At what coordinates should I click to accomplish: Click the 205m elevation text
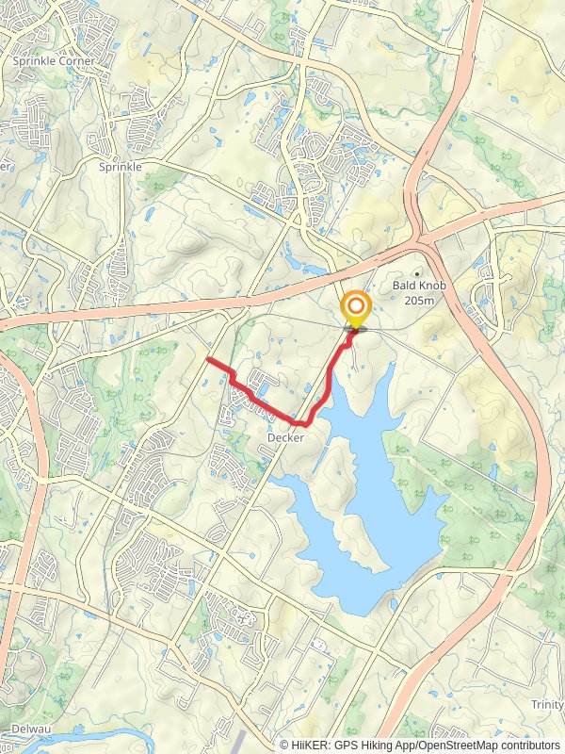point(417,301)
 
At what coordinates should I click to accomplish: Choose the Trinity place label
point(546,705)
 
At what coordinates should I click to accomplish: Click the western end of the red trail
point(207,359)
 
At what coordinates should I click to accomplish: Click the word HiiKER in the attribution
point(307,745)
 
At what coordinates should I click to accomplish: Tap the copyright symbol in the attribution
point(285,745)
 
